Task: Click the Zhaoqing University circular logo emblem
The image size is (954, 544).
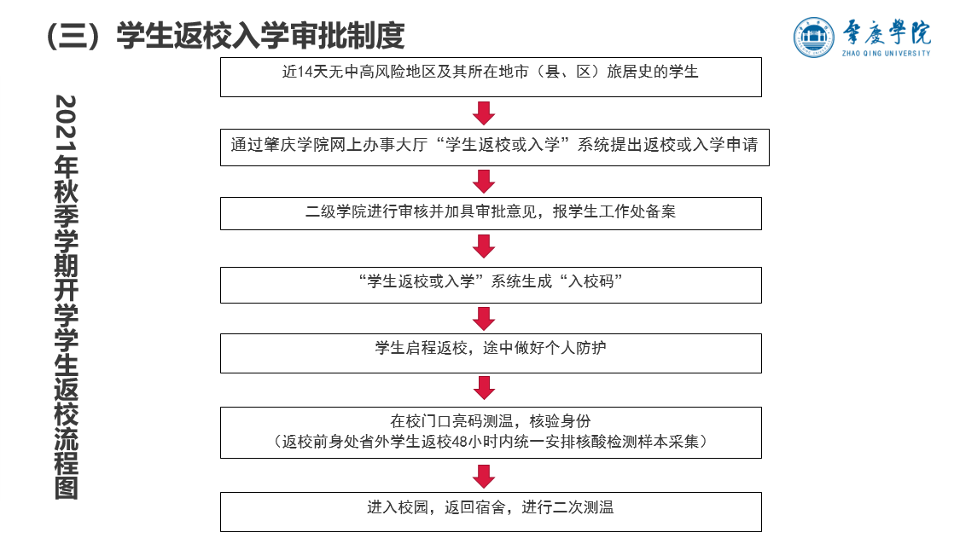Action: coord(815,38)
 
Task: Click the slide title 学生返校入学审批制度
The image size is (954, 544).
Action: coord(260,35)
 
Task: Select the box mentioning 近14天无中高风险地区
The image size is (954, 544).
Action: coord(491,77)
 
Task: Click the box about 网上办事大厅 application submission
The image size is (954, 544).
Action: coord(494,146)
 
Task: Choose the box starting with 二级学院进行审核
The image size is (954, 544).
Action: coord(491,213)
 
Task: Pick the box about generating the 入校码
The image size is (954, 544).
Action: coord(491,285)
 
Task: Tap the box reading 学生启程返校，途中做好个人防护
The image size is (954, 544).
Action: coord(491,352)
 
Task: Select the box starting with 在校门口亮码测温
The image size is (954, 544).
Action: coord(491,432)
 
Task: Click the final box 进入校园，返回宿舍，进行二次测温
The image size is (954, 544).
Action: coord(491,511)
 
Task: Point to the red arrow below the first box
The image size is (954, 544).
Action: coord(484,113)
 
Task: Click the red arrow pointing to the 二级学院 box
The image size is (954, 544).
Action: coord(484,181)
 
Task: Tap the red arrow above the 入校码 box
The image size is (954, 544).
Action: coord(484,246)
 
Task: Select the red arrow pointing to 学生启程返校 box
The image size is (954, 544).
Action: coord(484,318)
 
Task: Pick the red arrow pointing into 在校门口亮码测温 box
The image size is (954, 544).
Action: coord(484,388)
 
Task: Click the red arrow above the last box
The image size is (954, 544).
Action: coord(484,476)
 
